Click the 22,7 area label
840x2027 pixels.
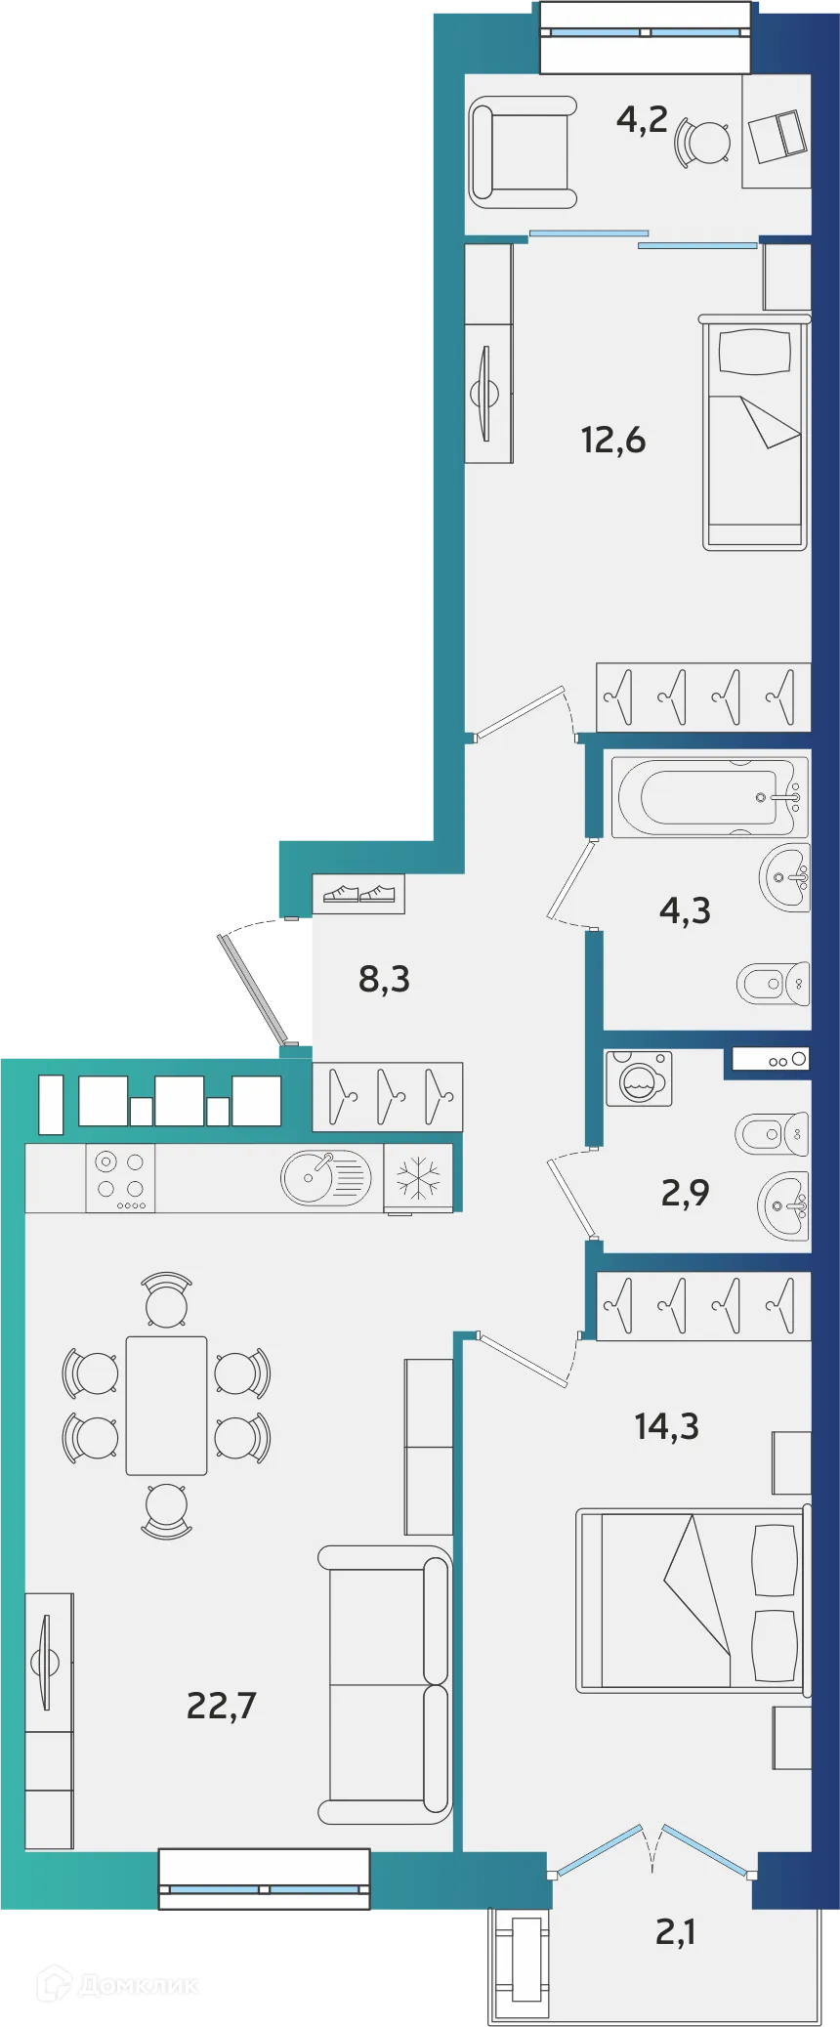[221, 1706]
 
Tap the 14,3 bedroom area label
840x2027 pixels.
[666, 1426]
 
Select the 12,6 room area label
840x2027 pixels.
[613, 441]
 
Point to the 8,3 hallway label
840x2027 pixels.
[384, 978]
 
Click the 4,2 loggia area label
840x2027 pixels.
[642, 119]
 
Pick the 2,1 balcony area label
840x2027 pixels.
[675, 1931]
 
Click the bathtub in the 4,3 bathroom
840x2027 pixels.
[710, 796]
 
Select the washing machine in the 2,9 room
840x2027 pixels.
[639, 1078]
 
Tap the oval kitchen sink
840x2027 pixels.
[325, 1177]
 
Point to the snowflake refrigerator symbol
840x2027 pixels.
[418, 1178]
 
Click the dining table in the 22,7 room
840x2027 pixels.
[166, 1406]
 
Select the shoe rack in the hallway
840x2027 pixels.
[358, 893]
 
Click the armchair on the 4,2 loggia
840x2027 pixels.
[523, 151]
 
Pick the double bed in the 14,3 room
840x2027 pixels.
[692, 1600]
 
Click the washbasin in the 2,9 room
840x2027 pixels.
[785, 1205]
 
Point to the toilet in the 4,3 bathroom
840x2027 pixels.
[773, 984]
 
